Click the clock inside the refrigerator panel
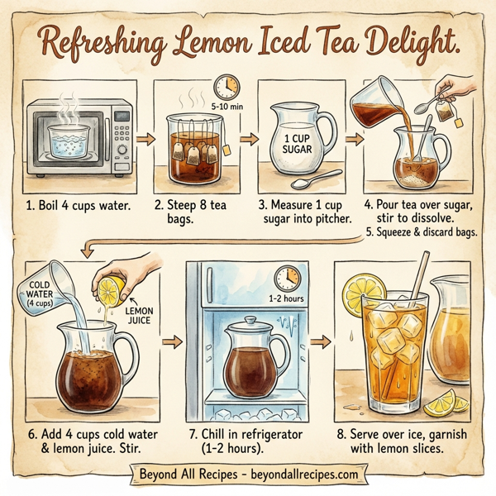(287, 277)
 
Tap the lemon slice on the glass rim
(365, 293)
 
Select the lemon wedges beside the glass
(446, 405)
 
